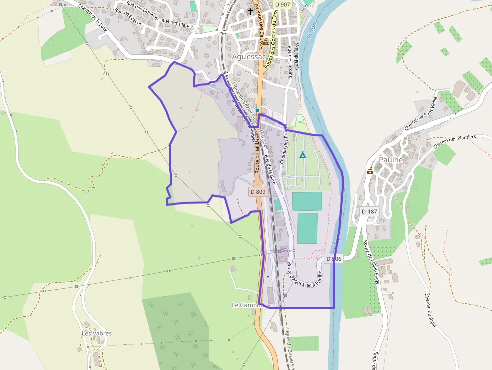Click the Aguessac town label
248,57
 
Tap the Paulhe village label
391,159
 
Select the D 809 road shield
257,191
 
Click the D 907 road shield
283,4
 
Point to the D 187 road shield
369,211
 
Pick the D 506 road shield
333,259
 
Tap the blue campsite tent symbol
302,155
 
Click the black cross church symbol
250,11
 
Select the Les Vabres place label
97,333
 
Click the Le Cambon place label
248,305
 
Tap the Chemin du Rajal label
430,310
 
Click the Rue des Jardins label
290,61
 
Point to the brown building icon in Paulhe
370,170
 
